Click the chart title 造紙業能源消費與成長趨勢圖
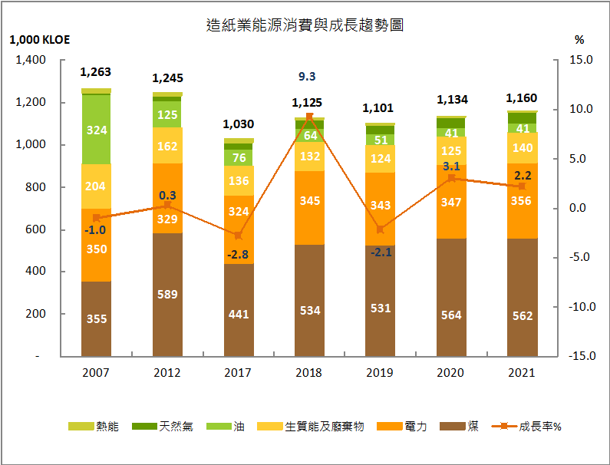pyautogui.click(x=305, y=25)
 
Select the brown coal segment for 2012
pyautogui.click(x=167, y=295)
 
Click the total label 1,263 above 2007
pyautogui.click(x=96, y=73)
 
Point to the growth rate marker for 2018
pyautogui.click(x=309, y=117)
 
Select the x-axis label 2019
pyautogui.click(x=380, y=373)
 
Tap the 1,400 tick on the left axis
pyautogui.click(x=31, y=61)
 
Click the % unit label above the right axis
pyautogui.click(x=579, y=40)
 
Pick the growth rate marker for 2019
pyautogui.click(x=380, y=229)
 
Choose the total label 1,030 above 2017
pyautogui.click(x=239, y=124)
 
